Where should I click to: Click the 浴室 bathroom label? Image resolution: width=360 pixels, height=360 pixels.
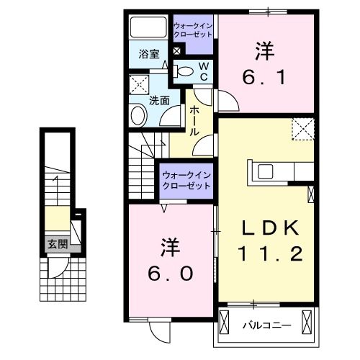pyautogui.click(x=149, y=53)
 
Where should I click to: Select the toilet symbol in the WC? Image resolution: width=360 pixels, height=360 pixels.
pyautogui.click(x=185, y=71)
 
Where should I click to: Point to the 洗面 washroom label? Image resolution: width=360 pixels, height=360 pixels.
pyautogui.click(x=159, y=101)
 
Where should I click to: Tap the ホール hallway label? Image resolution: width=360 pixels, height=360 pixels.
pyautogui.click(x=195, y=121)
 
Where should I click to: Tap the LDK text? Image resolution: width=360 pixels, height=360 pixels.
pyautogui.click(x=269, y=229)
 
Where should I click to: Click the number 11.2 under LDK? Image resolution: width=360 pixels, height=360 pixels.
pyautogui.click(x=269, y=254)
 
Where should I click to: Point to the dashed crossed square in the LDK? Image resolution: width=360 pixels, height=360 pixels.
pyautogui.click(x=303, y=130)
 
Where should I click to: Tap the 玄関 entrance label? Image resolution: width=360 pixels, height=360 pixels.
pyautogui.click(x=58, y=244)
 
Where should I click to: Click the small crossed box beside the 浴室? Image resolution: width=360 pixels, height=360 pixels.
pyautogui.click(x=176, y=52)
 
